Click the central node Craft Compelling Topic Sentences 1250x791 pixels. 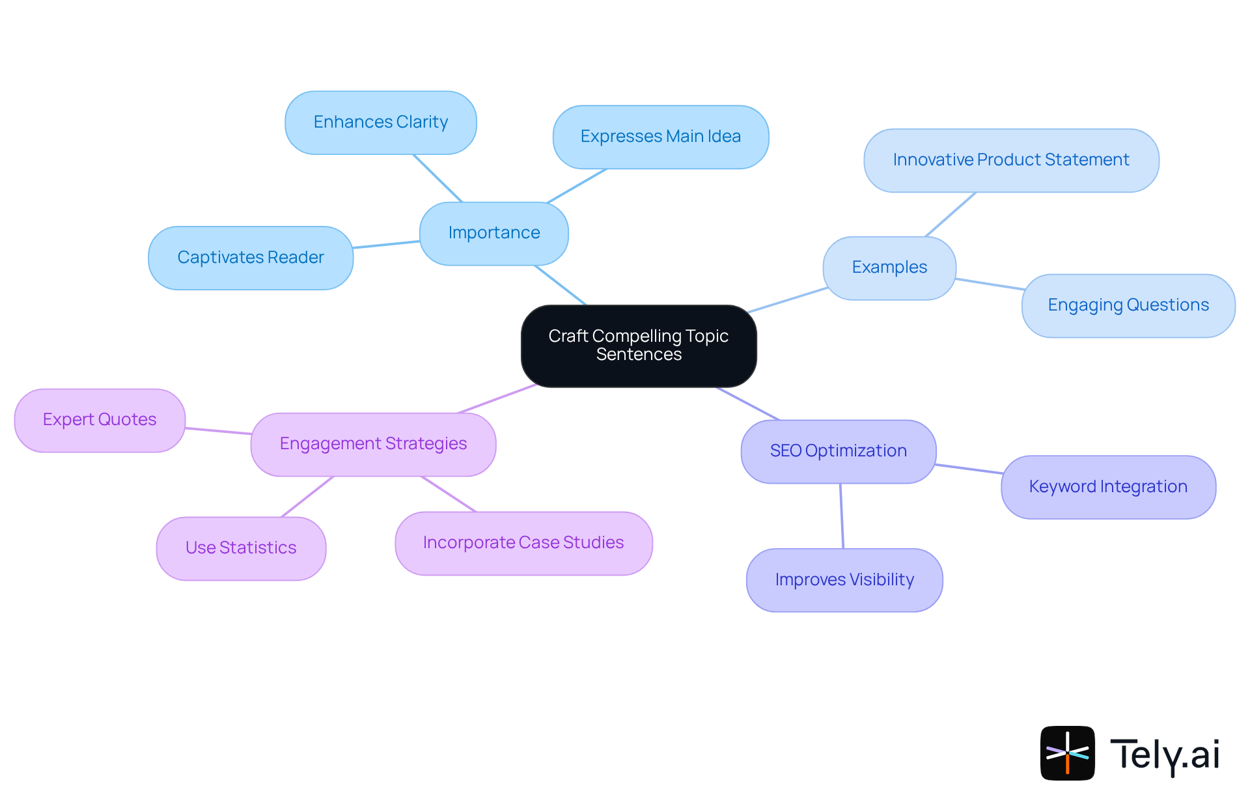click(x=639, y=346)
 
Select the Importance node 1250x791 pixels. click(x=494, y=233)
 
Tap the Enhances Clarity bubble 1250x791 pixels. click(x=381, y=122)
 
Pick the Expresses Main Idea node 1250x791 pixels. click(x=661, y=137)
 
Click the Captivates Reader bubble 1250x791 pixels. click(x=251, y=258)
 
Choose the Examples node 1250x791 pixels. click(x=889, y=268)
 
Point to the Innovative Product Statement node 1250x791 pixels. click(x=1011, y=160)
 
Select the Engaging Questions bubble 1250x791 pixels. click(x=1128, y=305)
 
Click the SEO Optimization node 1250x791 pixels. click(x=839, y=451)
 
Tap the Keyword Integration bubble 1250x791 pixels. click(x=1108, y=487)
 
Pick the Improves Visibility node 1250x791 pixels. click(x=844, y=580)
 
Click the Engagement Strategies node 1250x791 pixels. click(x=373, y=444)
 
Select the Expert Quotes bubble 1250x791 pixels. click(x=100, y=420)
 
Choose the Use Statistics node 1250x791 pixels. click(x=241, y=548)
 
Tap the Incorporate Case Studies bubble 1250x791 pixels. click(x=523, y=543)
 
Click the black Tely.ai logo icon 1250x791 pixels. click(x=1067, y=753)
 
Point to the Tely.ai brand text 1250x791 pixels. click(x=1165, y=755)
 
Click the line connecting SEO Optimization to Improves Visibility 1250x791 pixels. click(x=842, y=516)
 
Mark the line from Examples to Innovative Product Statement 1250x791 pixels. click(x=951, y=214)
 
